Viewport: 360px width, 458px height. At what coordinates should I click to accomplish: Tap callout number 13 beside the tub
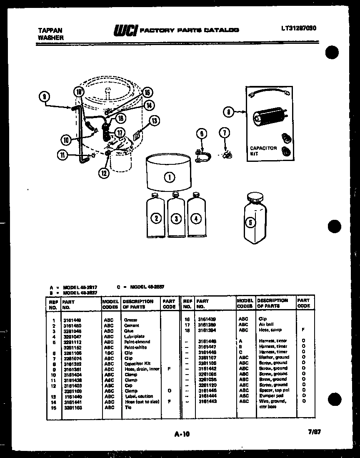pos(155,121)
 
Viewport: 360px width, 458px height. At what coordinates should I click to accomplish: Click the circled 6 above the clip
pos(202,133)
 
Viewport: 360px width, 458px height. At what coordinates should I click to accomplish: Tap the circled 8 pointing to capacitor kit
pos(228,112)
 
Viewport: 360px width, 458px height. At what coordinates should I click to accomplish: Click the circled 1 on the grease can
pos(170,177)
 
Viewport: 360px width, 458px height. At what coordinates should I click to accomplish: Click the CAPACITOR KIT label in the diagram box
pos(263,151)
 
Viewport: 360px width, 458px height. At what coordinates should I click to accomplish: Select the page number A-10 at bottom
pos(182,434)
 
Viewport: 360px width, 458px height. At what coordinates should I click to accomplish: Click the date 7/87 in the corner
pos(315,433)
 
